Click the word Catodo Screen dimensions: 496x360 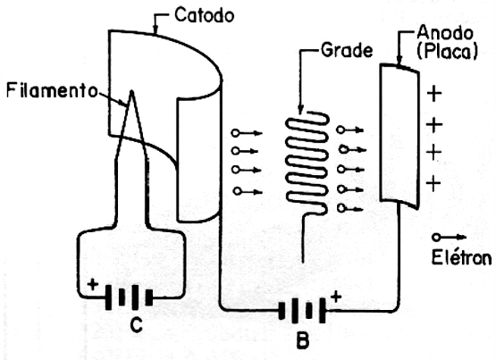tap(205, 15)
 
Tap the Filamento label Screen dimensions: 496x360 tap(52, 90)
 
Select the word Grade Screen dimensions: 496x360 tap(347, 50)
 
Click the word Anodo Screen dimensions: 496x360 tap(445, 33)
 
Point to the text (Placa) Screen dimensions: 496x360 tap(447, 52)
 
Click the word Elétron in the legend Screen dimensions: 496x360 tap(461, 257)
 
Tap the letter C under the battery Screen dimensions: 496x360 tap(137, 324)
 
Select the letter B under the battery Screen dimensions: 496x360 tap(303, 339)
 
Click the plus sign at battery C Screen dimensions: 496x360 tap(93, 284)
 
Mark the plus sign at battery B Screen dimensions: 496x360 tap(336, 297)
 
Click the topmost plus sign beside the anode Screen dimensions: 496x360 tap(434, 94)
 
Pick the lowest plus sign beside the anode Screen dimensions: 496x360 tap(433, 183)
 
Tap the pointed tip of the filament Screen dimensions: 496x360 tap(131, 91)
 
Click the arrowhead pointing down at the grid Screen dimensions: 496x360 tap(300, 109)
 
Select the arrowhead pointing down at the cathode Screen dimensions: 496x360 tap(155, 29)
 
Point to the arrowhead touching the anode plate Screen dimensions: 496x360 tap(399, 61)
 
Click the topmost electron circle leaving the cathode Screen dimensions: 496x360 tap(235, 133)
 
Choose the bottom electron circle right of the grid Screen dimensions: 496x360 tap(341, 208)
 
